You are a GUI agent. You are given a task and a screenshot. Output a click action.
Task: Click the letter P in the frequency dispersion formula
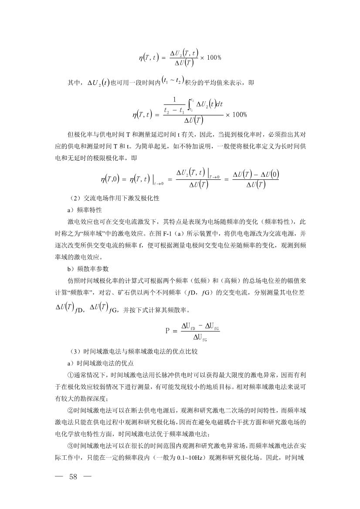coord(167,330)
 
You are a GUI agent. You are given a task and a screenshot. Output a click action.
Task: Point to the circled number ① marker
coord(70,374)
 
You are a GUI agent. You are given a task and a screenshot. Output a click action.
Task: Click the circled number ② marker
coord(70,411)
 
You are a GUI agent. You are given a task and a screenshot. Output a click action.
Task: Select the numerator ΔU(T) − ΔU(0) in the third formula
coord(255,175)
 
